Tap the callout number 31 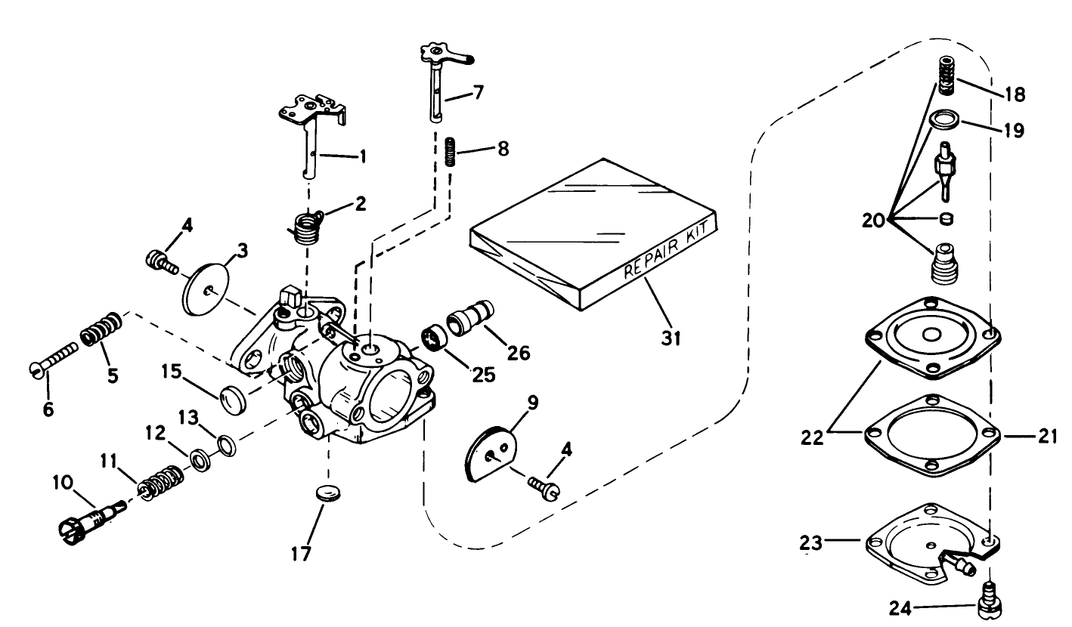tap(671, 338)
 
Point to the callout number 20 tap(875, 221)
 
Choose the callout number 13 tap(190, 418)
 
